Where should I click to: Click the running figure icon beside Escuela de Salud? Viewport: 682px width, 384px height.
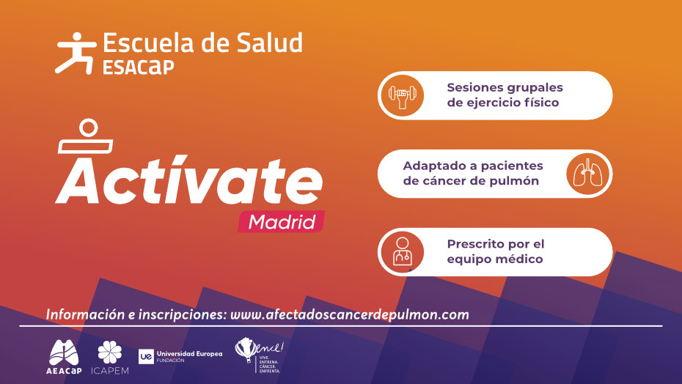click(x=75, y=52)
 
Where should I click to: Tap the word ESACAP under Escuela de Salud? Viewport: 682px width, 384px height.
click(x=139, y=67)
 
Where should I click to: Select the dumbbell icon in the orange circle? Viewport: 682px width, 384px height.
click(x=402, y=95)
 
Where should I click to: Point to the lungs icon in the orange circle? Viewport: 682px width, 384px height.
click(x=589, y=174)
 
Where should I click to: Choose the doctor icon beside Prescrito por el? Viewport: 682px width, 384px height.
click(x=402, y=252)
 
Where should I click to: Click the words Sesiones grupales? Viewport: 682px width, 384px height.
click(x=505, y=87)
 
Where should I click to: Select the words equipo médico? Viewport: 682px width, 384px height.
click(x=495, y=259)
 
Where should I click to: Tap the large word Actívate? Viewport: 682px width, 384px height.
click(x=188, y=180)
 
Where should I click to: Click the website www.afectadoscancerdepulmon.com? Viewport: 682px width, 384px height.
click(x=349, y=314)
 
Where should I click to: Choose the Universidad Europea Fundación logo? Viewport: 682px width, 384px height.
click(x=180, y=357)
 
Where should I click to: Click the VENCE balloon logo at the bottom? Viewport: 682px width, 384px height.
click(x=258, y=355)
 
